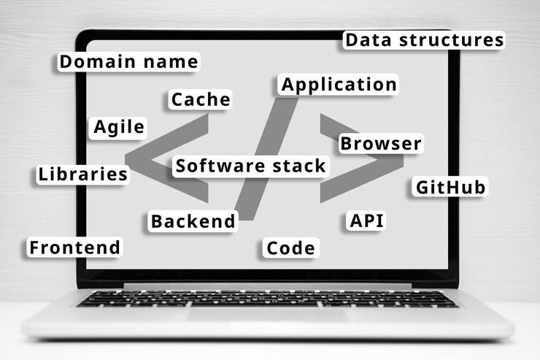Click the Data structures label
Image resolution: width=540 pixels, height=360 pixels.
point(423,40)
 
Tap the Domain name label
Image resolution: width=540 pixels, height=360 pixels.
point(128,62)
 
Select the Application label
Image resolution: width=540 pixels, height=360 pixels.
point(339,85)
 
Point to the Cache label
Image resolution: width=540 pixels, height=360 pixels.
point(201,99)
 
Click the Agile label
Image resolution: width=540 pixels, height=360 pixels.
point(119,127)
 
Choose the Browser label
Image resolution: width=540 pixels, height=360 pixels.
point(381,144)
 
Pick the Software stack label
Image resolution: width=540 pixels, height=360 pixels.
point(250,166)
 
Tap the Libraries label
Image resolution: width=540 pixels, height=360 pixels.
point(83,175)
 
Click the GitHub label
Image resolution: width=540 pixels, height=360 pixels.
point(450,188)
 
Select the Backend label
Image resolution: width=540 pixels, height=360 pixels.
point(193,221)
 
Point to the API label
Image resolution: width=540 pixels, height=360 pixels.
point(367,221)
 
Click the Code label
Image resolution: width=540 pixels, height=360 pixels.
point(290,248)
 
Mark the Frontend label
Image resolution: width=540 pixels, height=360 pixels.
point(74,248)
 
